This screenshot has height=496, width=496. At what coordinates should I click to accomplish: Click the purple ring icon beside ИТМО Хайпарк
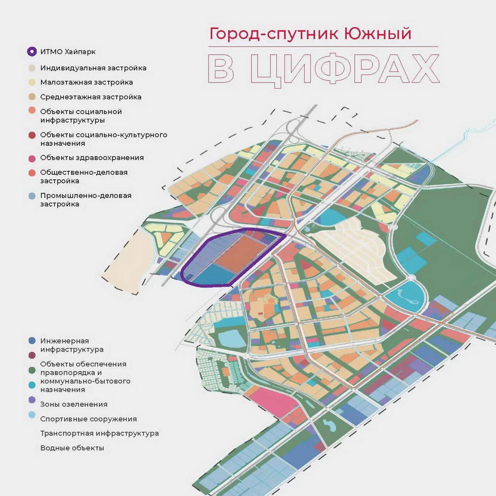tap(32, 52)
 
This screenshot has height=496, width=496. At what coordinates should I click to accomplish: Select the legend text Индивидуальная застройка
tap(93, 68)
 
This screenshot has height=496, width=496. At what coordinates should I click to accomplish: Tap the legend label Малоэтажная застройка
tap(86, 82)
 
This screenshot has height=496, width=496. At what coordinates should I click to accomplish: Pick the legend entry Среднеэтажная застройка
tap(91, 97)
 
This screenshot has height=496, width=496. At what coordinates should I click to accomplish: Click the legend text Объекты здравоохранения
tap(92, 158)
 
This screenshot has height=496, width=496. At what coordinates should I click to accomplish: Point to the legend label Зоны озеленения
tap(74, 404)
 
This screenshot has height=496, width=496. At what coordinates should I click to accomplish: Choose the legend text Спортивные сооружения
tap(88, 419)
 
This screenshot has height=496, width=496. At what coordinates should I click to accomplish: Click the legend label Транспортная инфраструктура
tap(100, 433)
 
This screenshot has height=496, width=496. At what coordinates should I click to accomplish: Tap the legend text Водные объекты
tap(72, 448)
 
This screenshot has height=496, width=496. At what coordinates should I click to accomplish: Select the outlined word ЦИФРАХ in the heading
tap(345, 69)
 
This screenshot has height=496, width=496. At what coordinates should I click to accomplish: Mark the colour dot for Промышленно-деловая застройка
tap(32, 196)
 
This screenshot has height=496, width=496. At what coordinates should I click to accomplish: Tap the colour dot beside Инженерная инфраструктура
tap(32, 341)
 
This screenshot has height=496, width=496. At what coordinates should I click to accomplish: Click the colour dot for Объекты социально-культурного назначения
tap(32, 135)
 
